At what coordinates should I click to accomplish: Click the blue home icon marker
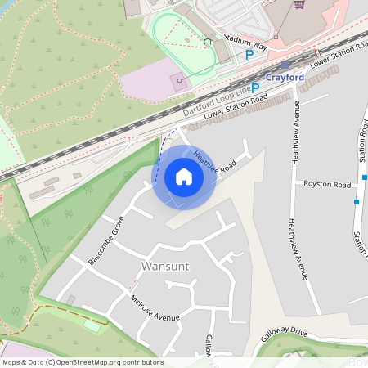pyautogui.click(x=184, y=177)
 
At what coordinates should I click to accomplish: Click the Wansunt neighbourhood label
pyautogui.click(x=165, y=267)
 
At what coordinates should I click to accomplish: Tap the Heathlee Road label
pyautogui.click(x=214, y=160)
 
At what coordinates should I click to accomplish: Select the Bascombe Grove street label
pyautogui.click(x=105, y=239)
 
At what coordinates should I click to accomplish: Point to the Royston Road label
pyautogui.click(x=327, y=184)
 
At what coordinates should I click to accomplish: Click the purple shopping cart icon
pyautogui.click(x=299, y=4)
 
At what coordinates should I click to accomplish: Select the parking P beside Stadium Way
pyautogui.click(x=249, y=55)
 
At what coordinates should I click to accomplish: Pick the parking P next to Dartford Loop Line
pyautogui.click(x=255, y=88)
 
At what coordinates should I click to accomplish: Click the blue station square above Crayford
pyautogui.click(x=285, y=64)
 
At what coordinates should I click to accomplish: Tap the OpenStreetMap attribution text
pyautogui.click(x=82, y=362)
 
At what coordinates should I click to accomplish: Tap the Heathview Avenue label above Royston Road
pyautogui.click(x=294, y=135)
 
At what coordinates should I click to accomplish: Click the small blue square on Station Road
pyautogui.click(x=357, y=201)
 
